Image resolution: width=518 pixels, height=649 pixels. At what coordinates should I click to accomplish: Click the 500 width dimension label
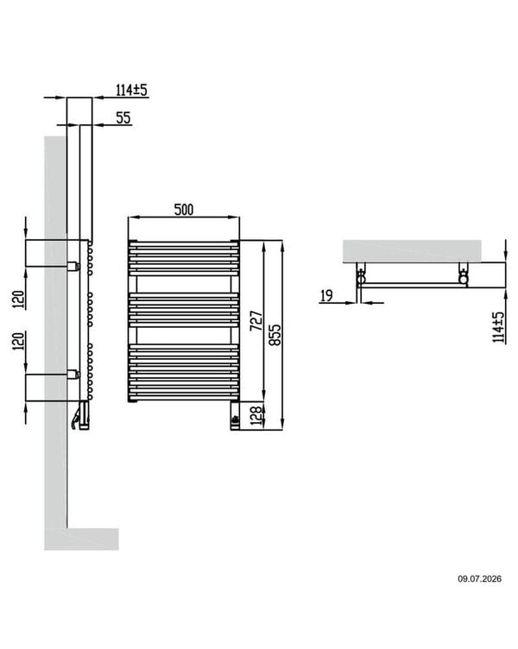coord(183,210)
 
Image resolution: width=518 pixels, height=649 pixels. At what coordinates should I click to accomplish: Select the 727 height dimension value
coord(256,320)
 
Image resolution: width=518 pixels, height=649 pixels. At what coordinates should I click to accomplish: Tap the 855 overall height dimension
coord(275,335)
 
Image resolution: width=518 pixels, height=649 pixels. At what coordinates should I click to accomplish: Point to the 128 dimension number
coord(256,416)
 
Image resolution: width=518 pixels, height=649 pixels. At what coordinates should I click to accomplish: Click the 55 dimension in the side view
coord(123,117)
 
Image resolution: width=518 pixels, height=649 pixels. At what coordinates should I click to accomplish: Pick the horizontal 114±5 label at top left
coord(132,90)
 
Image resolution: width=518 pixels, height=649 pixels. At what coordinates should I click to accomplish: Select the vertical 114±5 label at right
coord(499,327)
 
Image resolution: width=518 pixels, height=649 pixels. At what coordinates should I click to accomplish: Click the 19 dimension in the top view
coord(326,295)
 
